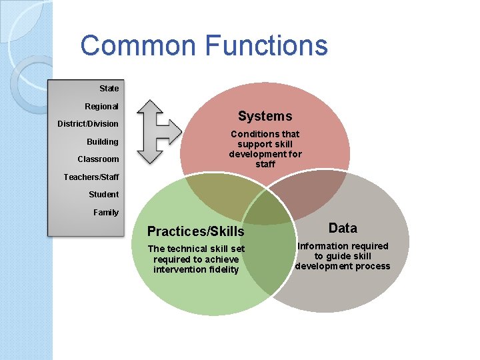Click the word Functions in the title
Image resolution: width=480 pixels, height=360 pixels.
267,45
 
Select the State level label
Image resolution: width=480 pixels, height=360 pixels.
109,88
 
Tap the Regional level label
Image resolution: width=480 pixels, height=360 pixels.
101,106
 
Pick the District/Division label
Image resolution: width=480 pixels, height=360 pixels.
88,123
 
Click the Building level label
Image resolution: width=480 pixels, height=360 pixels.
102,141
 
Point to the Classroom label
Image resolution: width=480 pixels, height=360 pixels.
98,159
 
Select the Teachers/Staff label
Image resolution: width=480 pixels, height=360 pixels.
91,177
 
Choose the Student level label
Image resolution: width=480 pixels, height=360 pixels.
103,194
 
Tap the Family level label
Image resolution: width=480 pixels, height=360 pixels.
106,212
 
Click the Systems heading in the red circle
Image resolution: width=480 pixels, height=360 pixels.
265,116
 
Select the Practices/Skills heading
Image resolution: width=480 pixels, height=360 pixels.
195,232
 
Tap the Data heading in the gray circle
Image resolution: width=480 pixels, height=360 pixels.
343,228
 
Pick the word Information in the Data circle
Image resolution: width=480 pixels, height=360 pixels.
323,246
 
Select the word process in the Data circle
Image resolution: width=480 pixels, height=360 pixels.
373,266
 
